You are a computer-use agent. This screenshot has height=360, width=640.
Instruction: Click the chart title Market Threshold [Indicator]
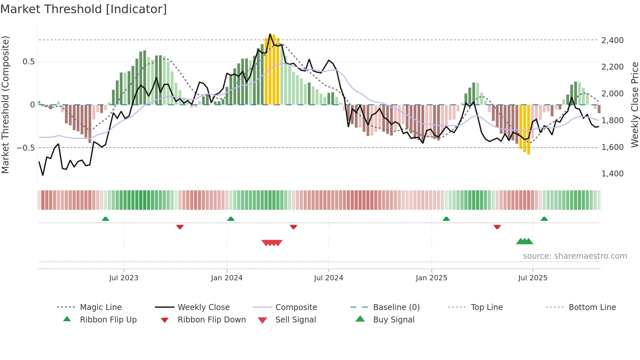(x=84, y=9)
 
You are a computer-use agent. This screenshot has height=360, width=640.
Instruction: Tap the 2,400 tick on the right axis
(x=612, y=40)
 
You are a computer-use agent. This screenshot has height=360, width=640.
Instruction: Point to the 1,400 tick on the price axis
(x=612, y=173)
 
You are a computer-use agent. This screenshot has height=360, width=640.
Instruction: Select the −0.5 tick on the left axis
(x=25, y=148)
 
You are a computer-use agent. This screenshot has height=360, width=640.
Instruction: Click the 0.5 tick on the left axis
(x=28, y=62)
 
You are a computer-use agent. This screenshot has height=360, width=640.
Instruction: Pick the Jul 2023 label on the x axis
(x=124, y=278)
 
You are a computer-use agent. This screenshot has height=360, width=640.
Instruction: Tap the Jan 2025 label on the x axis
(x=431, y=278)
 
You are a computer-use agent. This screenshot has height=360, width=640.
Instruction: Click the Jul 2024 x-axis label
(x=328, y=278)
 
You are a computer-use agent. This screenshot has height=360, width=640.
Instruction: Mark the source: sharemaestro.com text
(x=575, y=256)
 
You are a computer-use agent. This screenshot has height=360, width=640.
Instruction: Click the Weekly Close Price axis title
(x=634, y=105)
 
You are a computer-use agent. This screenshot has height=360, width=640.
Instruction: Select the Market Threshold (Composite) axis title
(x=5, y=105)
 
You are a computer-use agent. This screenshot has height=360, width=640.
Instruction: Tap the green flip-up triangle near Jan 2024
(x=231, y=219)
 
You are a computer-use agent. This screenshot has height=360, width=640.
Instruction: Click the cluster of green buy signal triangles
(x=524, y=241)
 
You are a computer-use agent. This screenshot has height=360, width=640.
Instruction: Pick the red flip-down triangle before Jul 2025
(x=497, y=227)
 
